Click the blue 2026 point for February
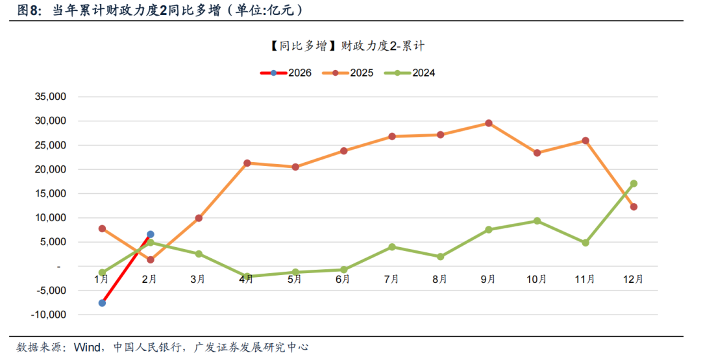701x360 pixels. (x=150, y=234)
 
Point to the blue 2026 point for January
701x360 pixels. (x=102, y=303)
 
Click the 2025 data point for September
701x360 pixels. (x=489, y=123)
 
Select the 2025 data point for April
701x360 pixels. (x=247, y=163)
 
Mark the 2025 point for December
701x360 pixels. (x=633, y=207)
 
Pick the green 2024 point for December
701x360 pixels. (x=633, y=184)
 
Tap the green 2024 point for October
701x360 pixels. (x=537, y=221)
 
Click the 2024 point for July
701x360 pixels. (x=392, y=247)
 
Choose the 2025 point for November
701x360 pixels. (x=585, y=141)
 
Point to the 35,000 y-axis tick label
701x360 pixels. (x=51, y=97)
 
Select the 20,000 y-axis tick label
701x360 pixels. (x=51, y=169)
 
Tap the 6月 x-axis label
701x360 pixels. (x=343, y=280)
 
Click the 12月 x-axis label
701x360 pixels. (x=633, y=280)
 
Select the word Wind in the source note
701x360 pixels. (x=88, y=347)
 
